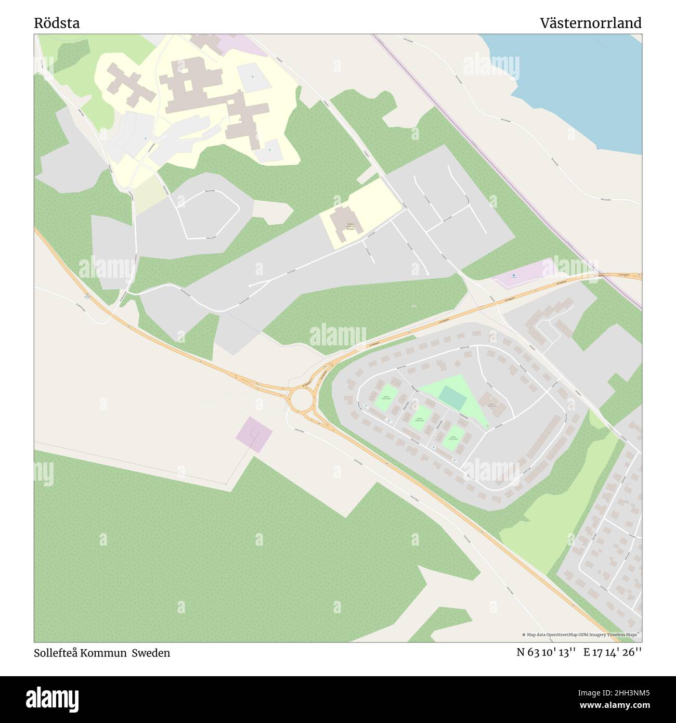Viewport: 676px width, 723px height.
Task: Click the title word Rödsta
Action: click(x=57, y=23)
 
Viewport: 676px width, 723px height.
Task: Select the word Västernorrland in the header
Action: click(x=590, y=23)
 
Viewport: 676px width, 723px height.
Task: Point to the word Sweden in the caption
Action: click(x=150, y=653)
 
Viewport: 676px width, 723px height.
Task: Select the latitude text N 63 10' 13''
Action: click(x=545, y=652)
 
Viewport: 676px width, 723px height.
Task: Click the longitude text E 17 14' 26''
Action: click(x=612, y=652)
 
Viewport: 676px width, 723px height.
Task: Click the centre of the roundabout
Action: click(x=301, y=399)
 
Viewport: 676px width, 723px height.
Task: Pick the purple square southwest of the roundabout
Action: click(x=254, y=434)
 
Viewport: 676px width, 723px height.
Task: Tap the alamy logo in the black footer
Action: click(x=53, y=698)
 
